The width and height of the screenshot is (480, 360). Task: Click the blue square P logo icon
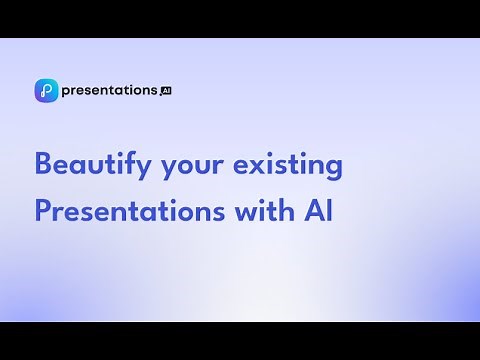45,90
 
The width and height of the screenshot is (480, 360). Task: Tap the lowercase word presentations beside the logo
109,90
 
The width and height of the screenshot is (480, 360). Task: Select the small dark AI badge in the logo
166,90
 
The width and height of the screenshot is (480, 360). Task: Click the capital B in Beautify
42,164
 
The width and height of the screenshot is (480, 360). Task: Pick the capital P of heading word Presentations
42,211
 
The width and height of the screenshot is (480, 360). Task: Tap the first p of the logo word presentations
65,92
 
